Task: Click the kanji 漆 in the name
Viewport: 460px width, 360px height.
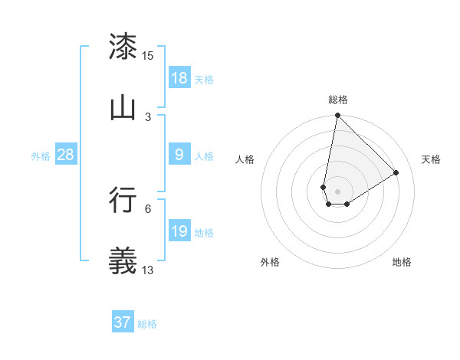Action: point(123,47)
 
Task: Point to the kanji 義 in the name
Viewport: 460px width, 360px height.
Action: point(123,260)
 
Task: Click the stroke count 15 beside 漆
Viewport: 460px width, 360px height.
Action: point(148,56)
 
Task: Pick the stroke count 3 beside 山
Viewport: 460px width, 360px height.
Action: point(148,116)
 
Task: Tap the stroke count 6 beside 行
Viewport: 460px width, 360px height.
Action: point(148,208)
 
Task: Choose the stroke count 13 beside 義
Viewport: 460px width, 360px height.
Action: point(148,269)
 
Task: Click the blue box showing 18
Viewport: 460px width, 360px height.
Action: point(179,78)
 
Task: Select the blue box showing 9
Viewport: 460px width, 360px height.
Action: point(179,155)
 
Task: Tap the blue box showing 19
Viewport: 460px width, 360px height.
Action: point(179,231)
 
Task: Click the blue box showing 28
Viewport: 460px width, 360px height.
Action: point(66,155)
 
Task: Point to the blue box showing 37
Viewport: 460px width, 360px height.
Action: point(123,322)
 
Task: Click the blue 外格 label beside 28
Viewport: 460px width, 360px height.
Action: point(41,155)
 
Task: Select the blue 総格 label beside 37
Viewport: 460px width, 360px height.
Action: point(147,324)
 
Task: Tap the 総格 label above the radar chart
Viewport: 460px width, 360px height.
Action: point(338,100)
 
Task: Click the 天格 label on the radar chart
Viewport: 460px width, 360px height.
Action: point(431,159)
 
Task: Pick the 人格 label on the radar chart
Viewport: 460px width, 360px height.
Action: point(245,159)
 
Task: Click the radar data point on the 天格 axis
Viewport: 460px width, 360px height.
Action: point(396,172)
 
